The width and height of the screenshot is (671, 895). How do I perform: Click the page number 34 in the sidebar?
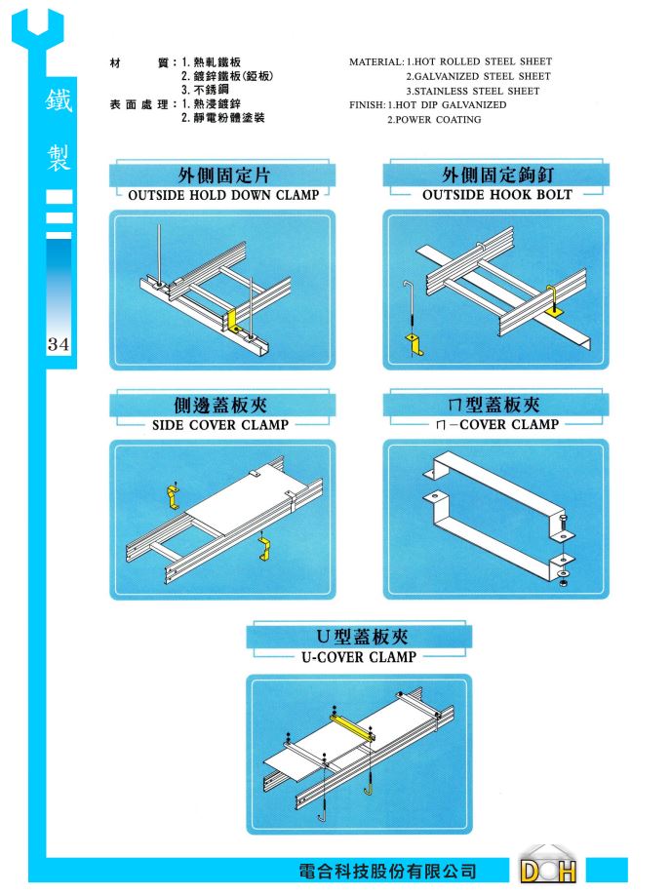click(x=59, y=344)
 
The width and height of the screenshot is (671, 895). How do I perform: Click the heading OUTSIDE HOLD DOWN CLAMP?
click(x=223, y=195)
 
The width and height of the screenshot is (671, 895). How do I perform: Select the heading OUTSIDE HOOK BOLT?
click(x=496, y=195)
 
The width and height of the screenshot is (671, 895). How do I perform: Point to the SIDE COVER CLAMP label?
click(x=220, y=425)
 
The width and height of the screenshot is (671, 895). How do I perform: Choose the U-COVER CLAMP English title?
click(x=359, y=657)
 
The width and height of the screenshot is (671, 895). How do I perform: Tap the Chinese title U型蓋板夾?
click(x=362, y=636)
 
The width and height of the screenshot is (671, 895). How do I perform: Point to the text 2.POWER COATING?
click(x=434, y=120)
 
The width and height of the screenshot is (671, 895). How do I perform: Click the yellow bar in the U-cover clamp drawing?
click(x=352, y=726)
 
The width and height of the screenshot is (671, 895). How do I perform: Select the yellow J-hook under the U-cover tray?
click(x=369, y=789)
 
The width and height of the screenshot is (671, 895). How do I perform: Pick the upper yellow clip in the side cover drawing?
click(x=174, y=497)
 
